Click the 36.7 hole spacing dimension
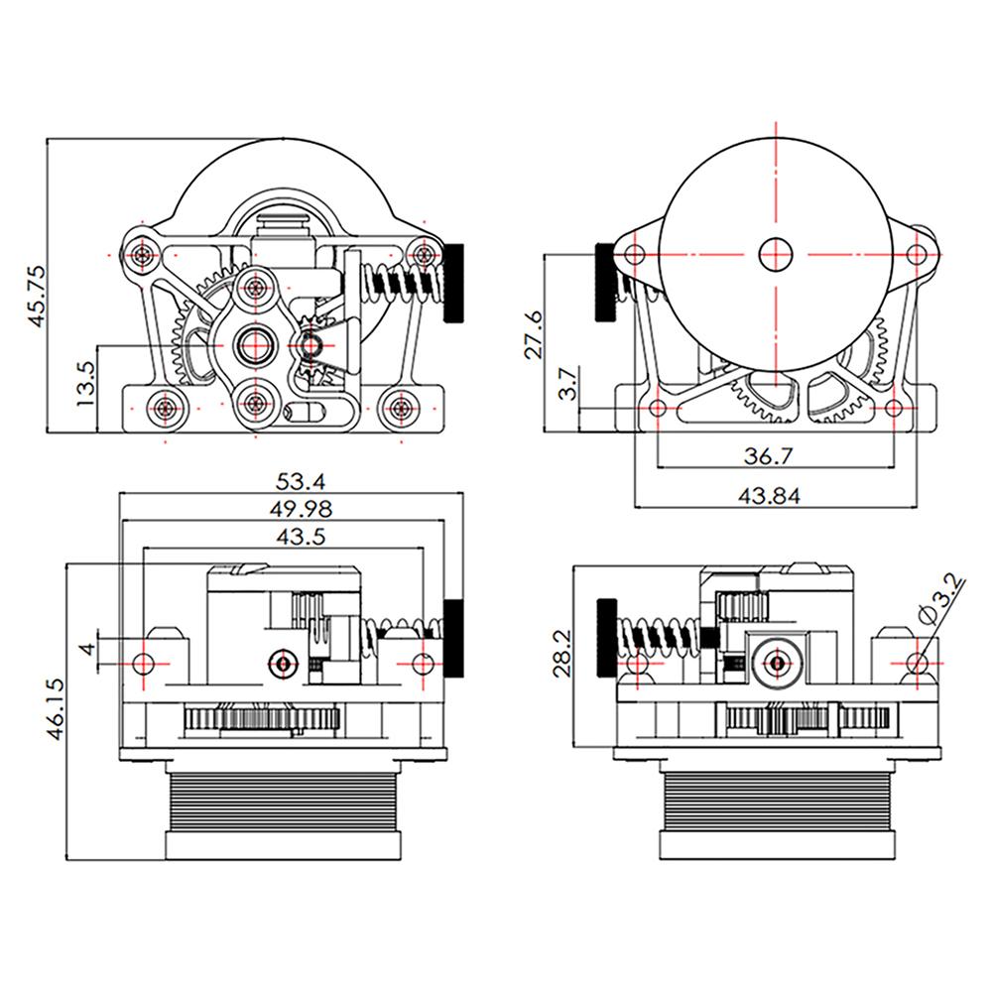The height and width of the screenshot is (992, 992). coord(769,455)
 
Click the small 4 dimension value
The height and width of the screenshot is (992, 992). coord(86,651)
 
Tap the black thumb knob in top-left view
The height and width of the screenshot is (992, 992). coord(455,283)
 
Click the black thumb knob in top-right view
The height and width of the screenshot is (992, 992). coord(604,283)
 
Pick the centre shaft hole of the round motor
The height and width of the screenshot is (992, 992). coord(777,254)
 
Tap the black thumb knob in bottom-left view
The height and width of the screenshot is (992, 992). coord(454,638)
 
